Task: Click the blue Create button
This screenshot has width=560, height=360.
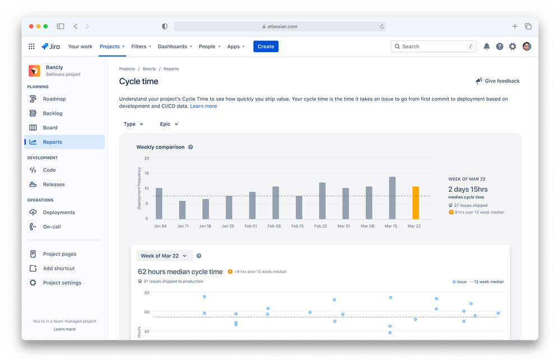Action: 266,47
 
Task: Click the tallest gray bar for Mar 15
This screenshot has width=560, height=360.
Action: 392,197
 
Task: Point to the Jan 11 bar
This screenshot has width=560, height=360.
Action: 182,210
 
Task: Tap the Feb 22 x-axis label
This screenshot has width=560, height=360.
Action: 321,226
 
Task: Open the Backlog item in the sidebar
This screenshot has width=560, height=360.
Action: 53,113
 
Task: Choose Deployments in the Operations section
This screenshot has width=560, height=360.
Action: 58,213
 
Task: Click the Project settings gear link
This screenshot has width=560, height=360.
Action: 62,283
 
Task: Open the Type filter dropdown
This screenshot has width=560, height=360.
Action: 133,124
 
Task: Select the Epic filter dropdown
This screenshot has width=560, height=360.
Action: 169,124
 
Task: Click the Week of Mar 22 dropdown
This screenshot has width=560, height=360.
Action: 164,256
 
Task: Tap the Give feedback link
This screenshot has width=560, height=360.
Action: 497,81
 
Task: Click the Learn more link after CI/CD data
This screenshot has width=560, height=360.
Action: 203,106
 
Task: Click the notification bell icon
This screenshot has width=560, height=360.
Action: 487,47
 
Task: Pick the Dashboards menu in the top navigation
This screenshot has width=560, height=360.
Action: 174,47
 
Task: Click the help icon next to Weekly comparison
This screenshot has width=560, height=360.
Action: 191,147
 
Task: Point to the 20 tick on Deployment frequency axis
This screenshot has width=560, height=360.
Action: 147,158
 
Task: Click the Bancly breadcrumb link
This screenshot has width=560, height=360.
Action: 149,69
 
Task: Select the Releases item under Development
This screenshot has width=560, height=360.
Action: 54,184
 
